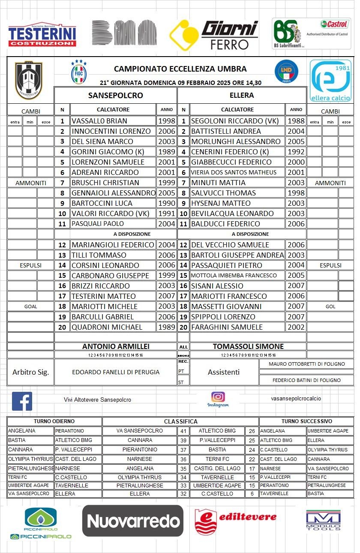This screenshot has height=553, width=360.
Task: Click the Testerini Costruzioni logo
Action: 42,34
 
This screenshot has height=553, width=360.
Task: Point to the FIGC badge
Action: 78,72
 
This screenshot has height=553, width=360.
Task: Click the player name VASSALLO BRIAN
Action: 99,121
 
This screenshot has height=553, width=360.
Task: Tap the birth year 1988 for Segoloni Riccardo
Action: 296,121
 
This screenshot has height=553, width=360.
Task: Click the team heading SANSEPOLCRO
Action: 115,95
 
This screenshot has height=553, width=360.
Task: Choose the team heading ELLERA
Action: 242,95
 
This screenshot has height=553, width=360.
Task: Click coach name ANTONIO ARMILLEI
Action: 116,346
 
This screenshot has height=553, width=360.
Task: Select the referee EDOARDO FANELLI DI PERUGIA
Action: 116,372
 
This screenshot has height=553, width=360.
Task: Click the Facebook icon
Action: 22,401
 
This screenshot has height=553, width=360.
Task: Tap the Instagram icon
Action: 218,397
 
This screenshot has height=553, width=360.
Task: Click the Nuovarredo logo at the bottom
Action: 133,520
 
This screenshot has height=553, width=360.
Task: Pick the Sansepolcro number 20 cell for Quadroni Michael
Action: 62,327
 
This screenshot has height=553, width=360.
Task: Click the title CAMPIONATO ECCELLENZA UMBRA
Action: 180,69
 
